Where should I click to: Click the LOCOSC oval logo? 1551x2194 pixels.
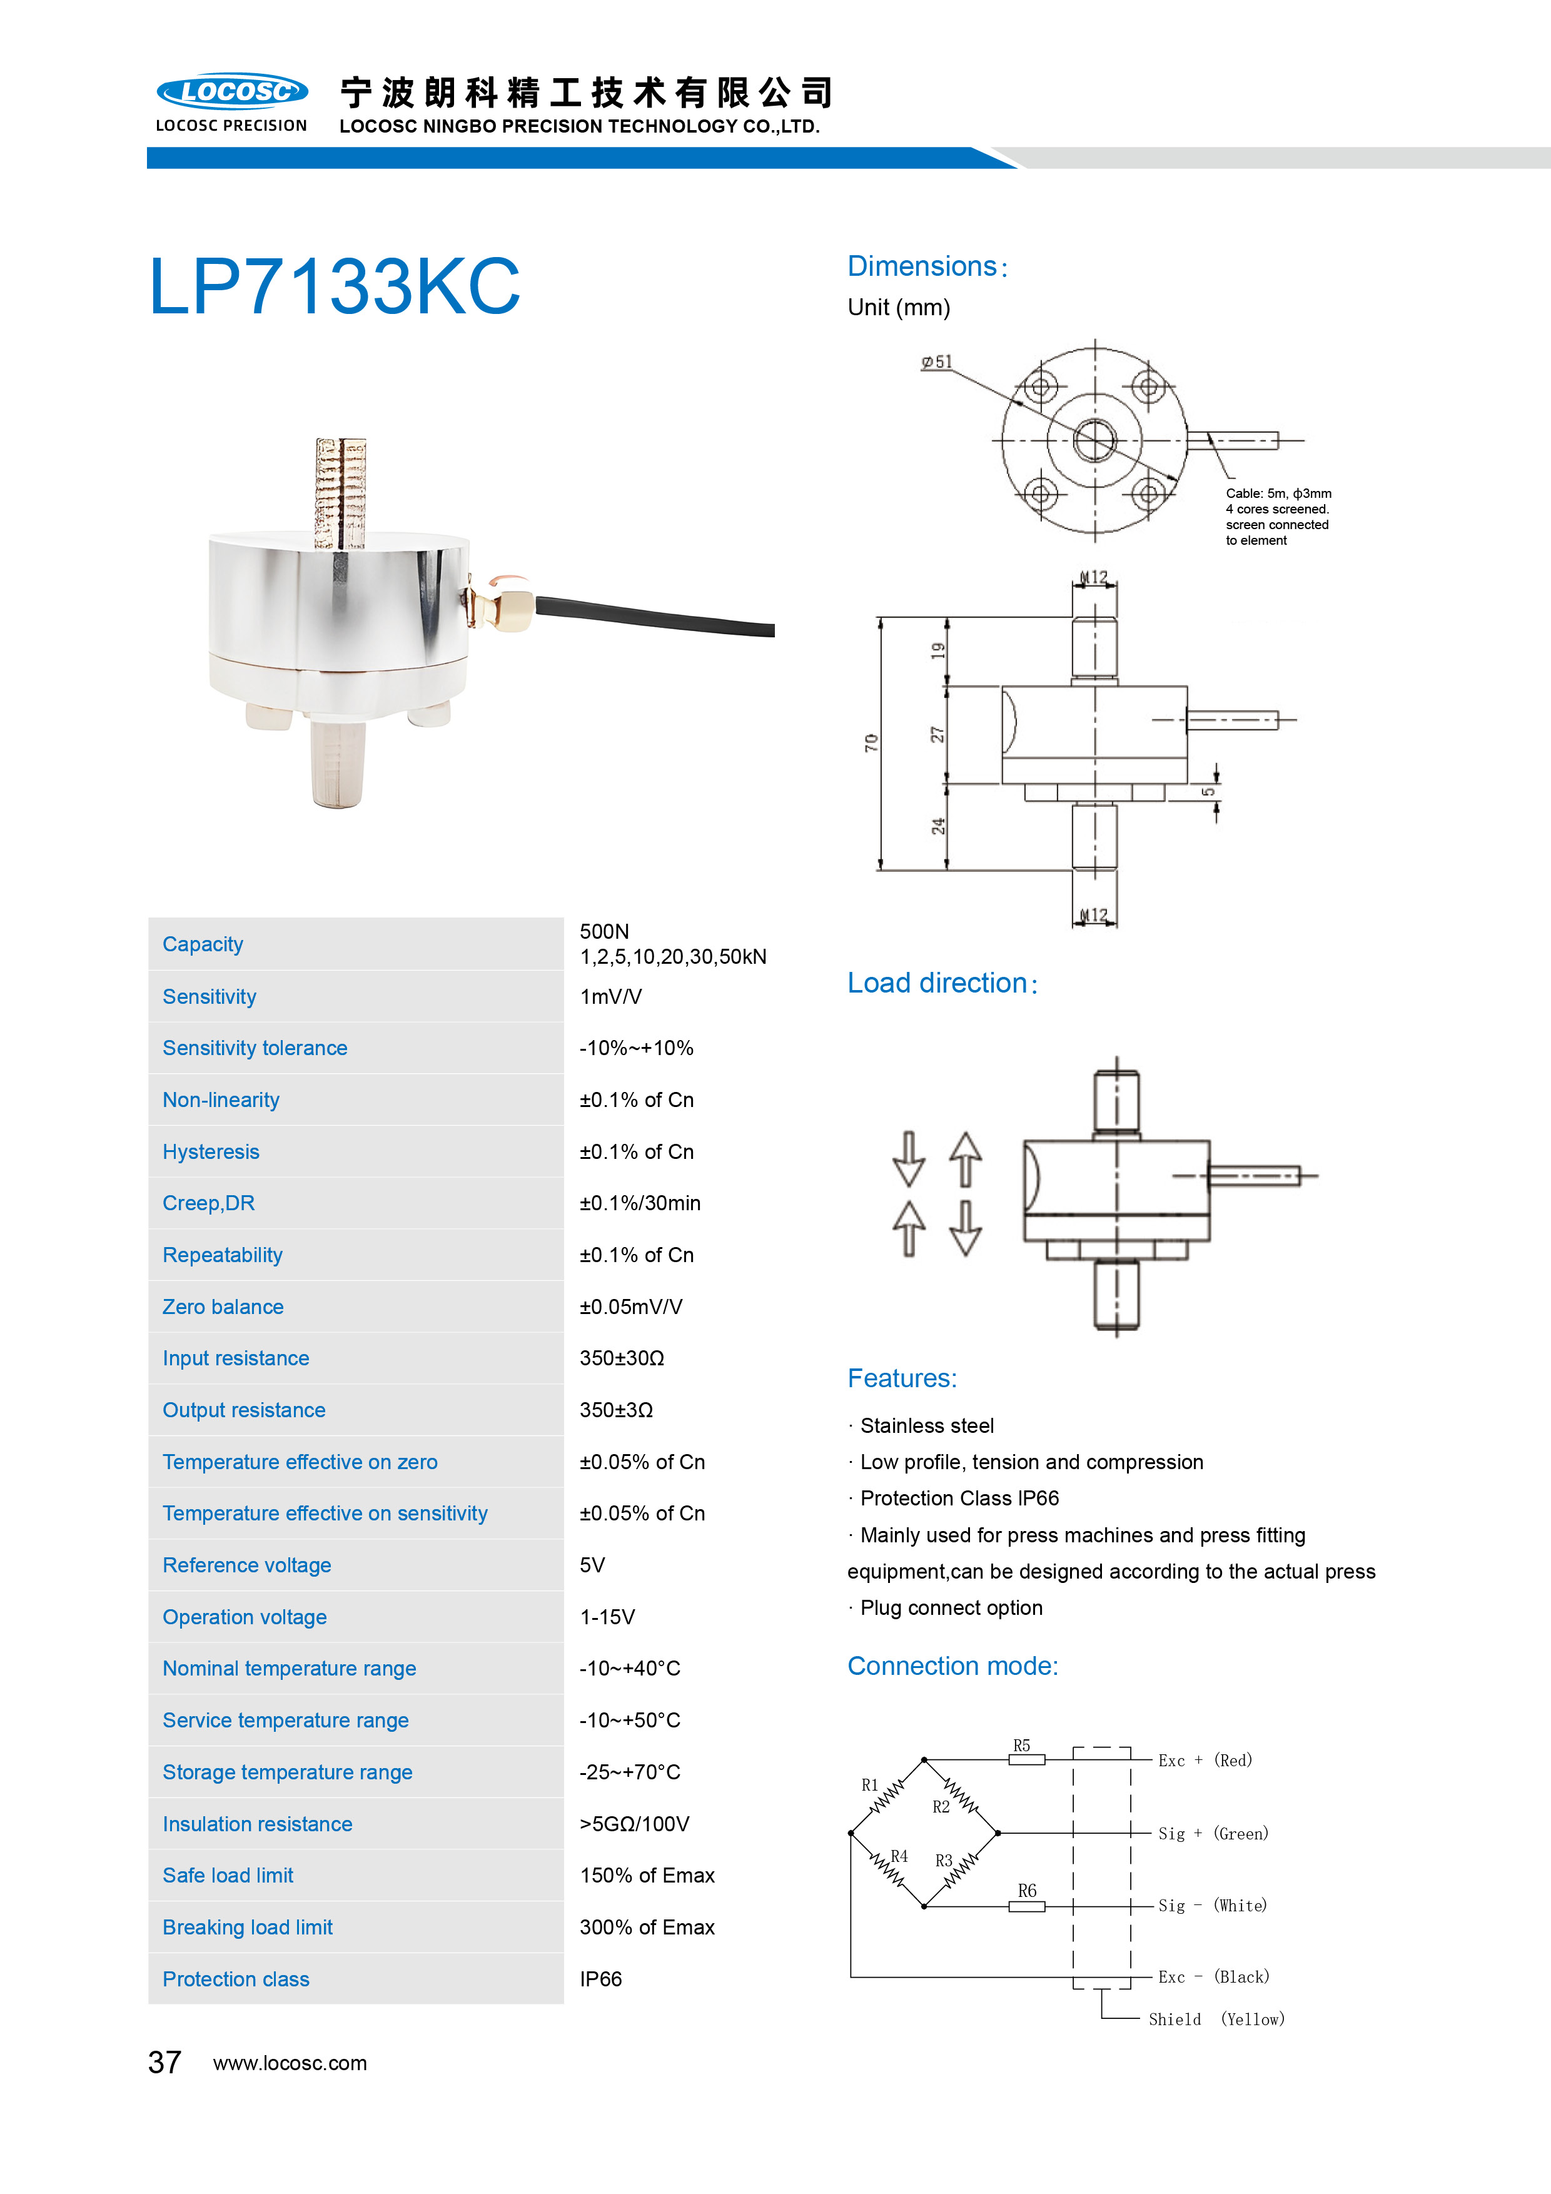click(232, 92)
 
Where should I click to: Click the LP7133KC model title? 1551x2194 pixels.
click(335, 286)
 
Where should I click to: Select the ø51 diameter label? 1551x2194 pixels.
click(936, 362)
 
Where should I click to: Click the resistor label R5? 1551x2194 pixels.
click(1021, 1745)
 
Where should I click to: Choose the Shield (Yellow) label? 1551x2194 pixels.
click(1216, 2019)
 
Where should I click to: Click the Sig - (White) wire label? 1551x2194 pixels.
click(1212, 1906)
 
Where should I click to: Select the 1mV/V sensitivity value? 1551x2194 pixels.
click(610, 997)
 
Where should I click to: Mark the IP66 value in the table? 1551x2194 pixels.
click(600, 1979)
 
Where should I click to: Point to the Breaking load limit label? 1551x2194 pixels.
click(248, 1928)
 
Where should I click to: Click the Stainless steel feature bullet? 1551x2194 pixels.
click(926, 1426)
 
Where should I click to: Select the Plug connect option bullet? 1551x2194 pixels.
click(951, 1607)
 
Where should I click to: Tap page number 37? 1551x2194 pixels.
click(164, 2062)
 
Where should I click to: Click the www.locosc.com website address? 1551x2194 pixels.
click(290, 2063)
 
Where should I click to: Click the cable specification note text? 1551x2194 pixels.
click(1278, 517)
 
